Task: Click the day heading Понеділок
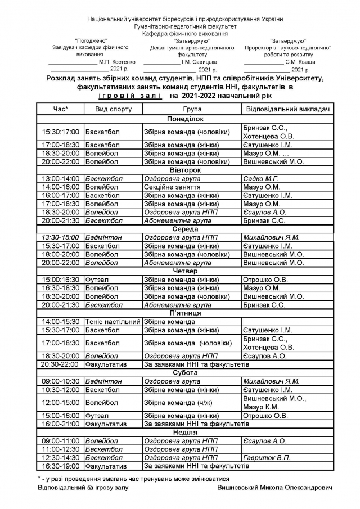(x=185, y=119)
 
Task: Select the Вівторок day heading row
(x=185, y=170)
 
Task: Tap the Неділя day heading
(x=185, y=432)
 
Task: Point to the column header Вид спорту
(x=113, y=108)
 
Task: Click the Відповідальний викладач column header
(x=287, y=108)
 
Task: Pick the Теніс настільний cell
(x=112, y=322)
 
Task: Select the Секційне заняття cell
(x=172, y=187)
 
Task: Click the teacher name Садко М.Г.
(x=261, y=178)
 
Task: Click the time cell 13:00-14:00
(x=61, y=178)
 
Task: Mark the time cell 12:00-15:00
(x=61, y=403)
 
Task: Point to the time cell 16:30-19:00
(x=61, y=466)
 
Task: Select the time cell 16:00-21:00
(x=61, y=424)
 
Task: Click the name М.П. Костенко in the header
(x=117, y=62)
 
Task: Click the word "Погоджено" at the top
(x=91, y=41)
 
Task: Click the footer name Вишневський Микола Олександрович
(x=274, y=487)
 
